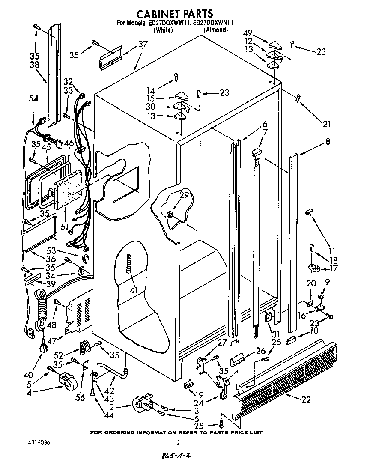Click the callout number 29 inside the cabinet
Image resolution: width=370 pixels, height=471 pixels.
coord(184,195)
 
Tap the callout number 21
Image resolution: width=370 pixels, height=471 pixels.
coord(327,124)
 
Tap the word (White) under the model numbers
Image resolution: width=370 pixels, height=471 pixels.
coord(163,30)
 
